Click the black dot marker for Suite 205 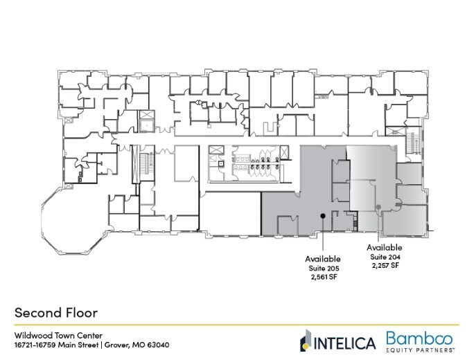click(323, 215)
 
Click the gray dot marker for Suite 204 click(378, 207)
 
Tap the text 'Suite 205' click(324, 268)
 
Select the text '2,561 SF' click(324, 277)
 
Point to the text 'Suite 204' click(385, 257)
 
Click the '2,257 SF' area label click(385, 265)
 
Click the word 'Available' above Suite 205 click(323, 259)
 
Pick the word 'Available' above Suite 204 click(385, 248)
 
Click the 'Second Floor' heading click(56, 312)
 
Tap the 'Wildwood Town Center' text click(58, 336)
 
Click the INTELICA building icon click(306, 341)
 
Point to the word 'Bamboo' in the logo click(420, 338)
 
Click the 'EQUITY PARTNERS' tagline click(419, 350)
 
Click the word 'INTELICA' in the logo click(345, 343)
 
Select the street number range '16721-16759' click(35, 345)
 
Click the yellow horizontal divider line click(237, 325)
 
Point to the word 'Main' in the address click(67, 345)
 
